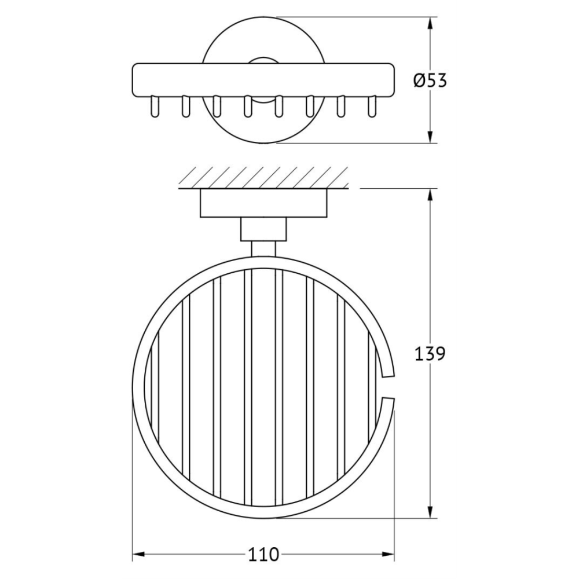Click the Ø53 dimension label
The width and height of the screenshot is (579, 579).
tap(430, 80)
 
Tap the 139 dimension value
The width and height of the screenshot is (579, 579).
tap(430, 353)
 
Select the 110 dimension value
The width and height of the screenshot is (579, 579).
tap(263, 554)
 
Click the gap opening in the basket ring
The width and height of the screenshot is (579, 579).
tap(388, 387)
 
